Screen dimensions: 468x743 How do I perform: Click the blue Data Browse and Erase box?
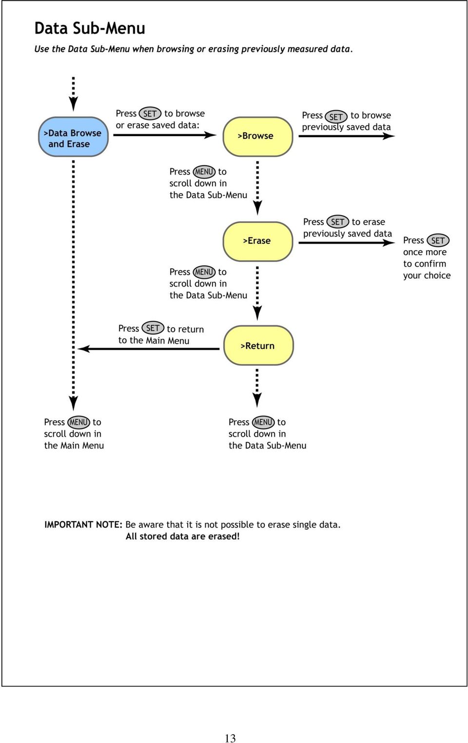tap(73, 137)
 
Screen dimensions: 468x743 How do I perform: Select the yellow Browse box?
tap(258, 137)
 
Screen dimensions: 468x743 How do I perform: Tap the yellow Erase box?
tap(258, 241)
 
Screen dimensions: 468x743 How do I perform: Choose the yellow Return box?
tap(258, 345)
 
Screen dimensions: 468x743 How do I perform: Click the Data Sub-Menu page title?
tap(90, 28)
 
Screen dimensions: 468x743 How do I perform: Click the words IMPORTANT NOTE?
tap(83, 525)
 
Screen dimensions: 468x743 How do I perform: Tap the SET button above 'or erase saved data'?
tap(150, 114)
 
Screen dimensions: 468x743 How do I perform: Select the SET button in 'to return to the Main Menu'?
tap(153, 328)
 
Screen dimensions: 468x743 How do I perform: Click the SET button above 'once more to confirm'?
tap(438, 240)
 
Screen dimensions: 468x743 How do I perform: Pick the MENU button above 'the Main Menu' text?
tap(78, 422)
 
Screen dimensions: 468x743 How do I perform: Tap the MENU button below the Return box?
tap(263, 422)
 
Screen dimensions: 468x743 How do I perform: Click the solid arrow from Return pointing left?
tap(149, 349)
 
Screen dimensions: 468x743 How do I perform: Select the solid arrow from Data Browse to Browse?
tap(165, 135)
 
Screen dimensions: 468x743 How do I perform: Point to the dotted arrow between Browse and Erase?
tap(257, 188)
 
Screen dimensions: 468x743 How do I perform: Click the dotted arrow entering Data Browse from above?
tap(73, 94)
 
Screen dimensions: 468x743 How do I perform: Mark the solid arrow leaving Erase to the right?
tap(347, 243)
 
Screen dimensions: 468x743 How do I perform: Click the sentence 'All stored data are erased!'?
tap(182, 536)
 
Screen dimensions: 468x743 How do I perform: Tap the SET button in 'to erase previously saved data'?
tap(337, 222)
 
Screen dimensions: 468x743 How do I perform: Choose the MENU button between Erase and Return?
tap(204, 272)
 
